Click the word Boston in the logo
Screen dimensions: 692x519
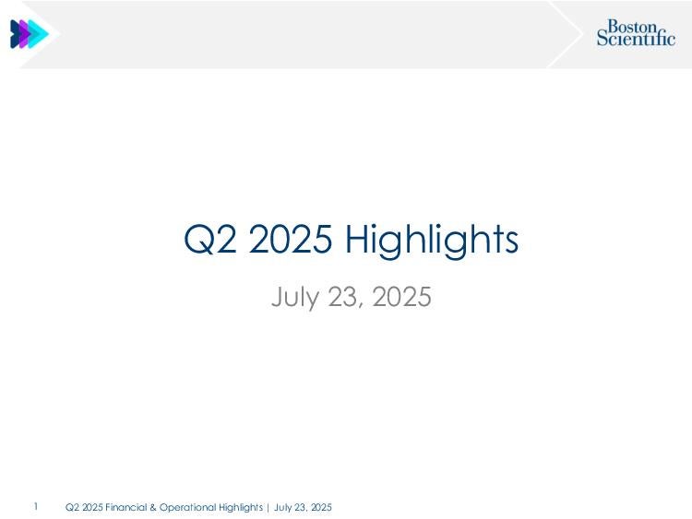[632, 27]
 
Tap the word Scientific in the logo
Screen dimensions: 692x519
[636, 38]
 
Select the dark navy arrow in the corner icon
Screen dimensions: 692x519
[15, 34]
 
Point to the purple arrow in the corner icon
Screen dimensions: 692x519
[25, 34]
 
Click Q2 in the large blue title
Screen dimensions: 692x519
[210, 239]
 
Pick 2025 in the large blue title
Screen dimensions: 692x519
[290, 239]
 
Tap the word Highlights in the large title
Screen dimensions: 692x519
[432, 241]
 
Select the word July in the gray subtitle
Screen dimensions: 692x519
[294, 297]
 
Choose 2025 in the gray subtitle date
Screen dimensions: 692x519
[402, 296]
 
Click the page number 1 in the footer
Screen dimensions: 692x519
[36, 507]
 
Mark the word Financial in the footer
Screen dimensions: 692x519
[125, 507]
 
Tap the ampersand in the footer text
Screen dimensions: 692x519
[153, 507]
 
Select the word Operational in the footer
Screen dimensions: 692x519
[187, 508]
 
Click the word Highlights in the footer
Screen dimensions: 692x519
[241, 508]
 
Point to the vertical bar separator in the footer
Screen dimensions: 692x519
[268, 508]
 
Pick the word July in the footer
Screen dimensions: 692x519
[282, 508]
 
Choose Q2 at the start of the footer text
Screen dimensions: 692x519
[72, 507]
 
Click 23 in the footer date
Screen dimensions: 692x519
[300, 507]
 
